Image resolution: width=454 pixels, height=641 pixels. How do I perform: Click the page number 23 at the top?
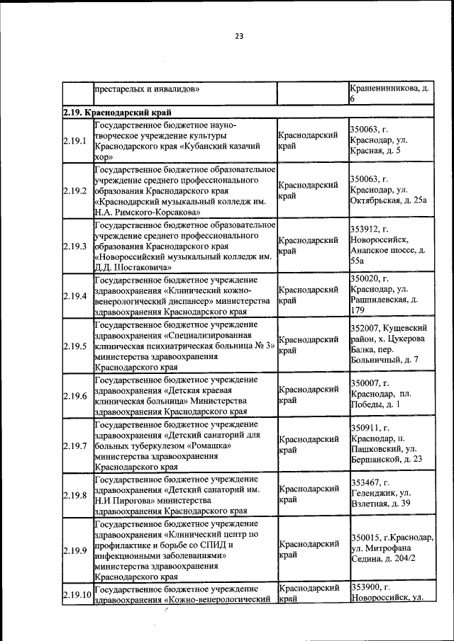(x=239, y=37)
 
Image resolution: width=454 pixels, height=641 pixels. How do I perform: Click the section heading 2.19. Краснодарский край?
(x=116, y=112)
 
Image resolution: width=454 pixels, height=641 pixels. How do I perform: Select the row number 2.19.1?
(x=74, y=141)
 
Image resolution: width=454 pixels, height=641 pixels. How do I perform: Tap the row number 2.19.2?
(x=74, y=191)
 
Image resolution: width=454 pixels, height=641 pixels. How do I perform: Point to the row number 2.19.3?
(x=74, y=246)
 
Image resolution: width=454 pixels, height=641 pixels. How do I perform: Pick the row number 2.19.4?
(x=74, y=296)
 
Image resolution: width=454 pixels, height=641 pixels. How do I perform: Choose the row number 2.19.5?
(x=74, y=346)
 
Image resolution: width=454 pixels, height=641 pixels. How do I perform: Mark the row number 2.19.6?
(x=74, y=396)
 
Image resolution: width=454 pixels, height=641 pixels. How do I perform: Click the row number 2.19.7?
(x=74, y=446)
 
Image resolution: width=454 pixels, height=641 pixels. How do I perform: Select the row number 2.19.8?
(x=74, y=495)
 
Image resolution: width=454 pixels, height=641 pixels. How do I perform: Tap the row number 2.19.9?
(x=74, y=550)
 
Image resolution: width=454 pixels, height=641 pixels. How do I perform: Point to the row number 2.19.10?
(x=77, y=594)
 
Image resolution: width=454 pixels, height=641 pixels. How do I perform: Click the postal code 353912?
(x=365, y=229)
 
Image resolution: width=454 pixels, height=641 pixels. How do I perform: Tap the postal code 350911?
(x=365, y=428)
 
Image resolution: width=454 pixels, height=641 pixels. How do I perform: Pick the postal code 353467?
(x=365, y=483)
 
